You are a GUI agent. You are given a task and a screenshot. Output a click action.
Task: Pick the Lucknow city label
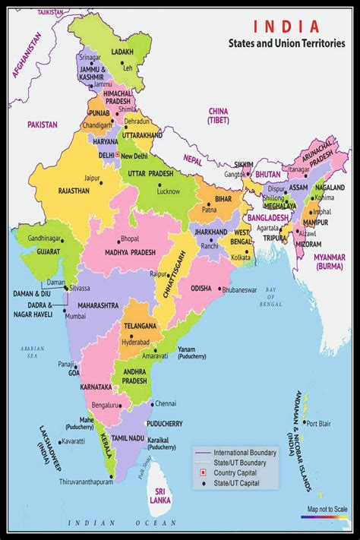168,192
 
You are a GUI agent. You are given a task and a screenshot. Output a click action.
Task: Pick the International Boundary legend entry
245,453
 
